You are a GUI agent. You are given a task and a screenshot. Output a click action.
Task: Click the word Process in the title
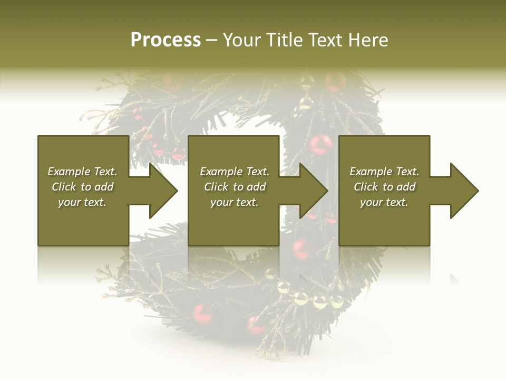coord(166,40)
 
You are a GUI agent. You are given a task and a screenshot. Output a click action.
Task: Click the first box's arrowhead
coord(163,191)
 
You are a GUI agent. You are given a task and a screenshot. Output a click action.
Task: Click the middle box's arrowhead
coord(313,191)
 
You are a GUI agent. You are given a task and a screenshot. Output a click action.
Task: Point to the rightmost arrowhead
coord(464,191)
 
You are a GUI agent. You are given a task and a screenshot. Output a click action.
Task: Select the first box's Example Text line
coord(82,172)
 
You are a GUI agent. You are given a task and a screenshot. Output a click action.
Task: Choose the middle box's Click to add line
coord(235,187)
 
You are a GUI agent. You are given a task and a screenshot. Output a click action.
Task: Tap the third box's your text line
coord(384,202)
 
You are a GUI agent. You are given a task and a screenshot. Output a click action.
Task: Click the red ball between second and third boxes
coord(320,144)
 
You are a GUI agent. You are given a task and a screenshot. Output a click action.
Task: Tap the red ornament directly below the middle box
coord(301,249)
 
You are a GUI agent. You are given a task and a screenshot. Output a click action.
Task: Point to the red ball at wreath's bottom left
coord(202,313)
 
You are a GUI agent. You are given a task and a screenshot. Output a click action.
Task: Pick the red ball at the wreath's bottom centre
coord(257,324)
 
